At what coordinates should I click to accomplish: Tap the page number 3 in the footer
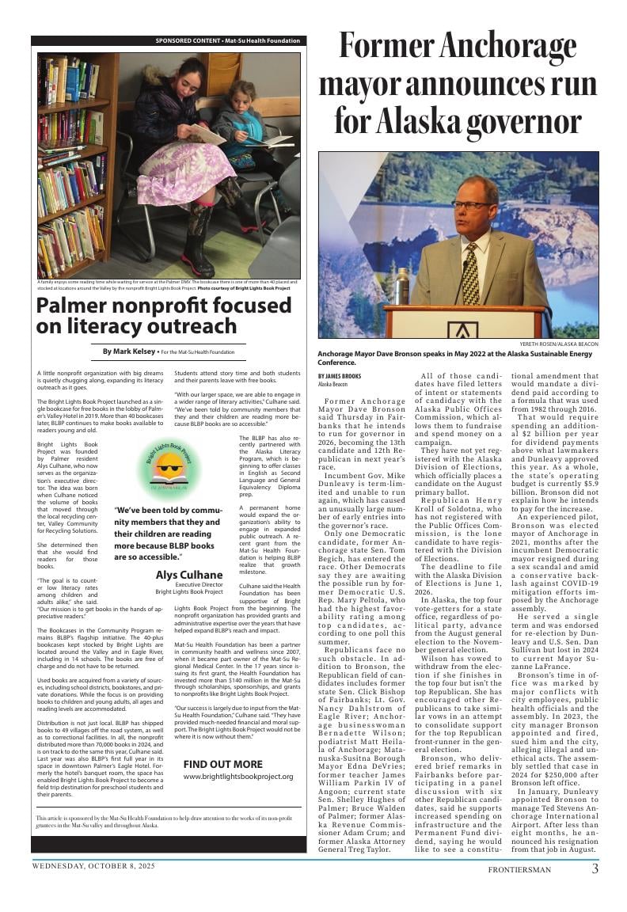click(x=595, y=868)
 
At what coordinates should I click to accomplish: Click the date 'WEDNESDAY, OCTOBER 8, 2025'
click(x=93, y=866)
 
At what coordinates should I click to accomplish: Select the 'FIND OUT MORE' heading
click(x=222, y=764)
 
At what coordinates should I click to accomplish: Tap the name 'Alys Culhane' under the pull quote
click(x=188, y=575)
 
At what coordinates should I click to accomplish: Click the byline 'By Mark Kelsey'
click(x=129, y=351)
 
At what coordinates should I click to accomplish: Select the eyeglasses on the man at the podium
click(x=469, y=205)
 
